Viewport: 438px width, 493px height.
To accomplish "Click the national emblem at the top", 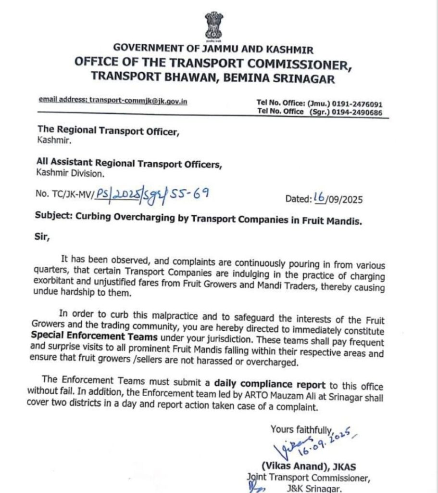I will tap(213, 26).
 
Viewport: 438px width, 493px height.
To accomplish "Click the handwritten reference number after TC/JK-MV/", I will tap(152, 194).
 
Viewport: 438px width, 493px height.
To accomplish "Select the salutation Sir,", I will tap(42, 237).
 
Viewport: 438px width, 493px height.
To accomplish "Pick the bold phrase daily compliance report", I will tap(269, 385).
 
